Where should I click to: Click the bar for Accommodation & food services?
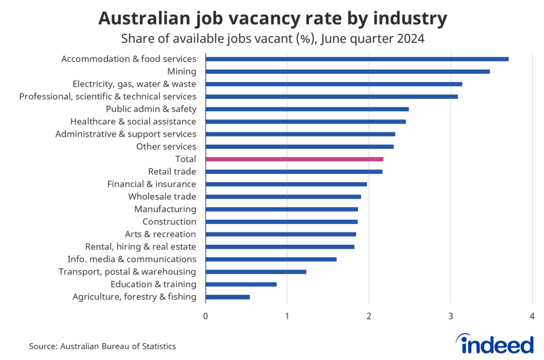tap(357, 59)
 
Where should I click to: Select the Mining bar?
tap(347, 71)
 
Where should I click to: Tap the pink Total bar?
tap(294, 159)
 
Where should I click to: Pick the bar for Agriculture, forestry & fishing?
tap(227, 297)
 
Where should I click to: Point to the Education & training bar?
tap(241, 284)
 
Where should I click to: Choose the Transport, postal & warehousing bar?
tap(256, 272)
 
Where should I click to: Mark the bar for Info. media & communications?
tap(271, 259)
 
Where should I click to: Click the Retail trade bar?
tap(294, 172)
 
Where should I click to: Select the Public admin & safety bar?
tap(307, 109)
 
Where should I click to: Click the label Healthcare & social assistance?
tap(133, 122)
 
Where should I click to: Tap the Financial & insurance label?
tap(151, 184)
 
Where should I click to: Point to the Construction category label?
tap(169, 221)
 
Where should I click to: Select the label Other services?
tap(166, 147)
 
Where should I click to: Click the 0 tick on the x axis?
tap(206, 316)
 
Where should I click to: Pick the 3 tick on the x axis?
tap(450, 316)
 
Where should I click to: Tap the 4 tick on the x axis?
tap(532, 316)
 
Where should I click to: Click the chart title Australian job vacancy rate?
tap(272, 19)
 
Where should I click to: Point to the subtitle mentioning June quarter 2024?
tap(272, 39)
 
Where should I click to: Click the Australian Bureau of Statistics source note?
tap(102, 346)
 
